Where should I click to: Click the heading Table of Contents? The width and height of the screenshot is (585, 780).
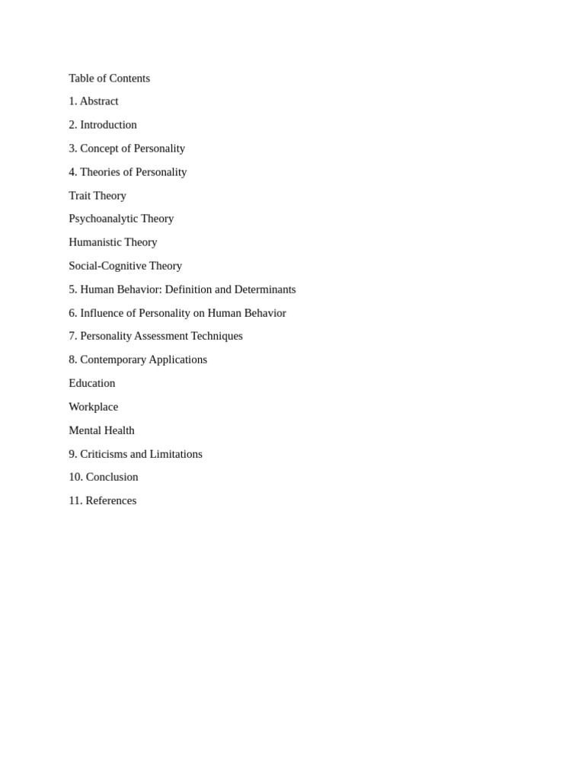109,78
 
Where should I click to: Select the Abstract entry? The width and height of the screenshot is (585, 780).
99,101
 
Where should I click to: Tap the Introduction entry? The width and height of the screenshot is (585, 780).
108,125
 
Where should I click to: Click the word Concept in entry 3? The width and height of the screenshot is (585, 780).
99,149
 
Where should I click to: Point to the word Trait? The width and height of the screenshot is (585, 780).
80,196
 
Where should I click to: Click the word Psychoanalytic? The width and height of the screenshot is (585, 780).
103,219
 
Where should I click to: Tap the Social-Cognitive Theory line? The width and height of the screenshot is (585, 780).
125,266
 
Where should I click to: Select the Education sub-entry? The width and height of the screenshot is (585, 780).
92,383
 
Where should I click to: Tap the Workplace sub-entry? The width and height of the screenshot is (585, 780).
93,407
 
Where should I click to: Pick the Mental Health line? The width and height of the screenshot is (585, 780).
101,430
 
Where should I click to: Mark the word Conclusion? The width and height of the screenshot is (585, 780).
112,477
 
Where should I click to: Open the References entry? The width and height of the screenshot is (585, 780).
110,500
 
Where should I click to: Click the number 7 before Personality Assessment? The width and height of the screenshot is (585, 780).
72,336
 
